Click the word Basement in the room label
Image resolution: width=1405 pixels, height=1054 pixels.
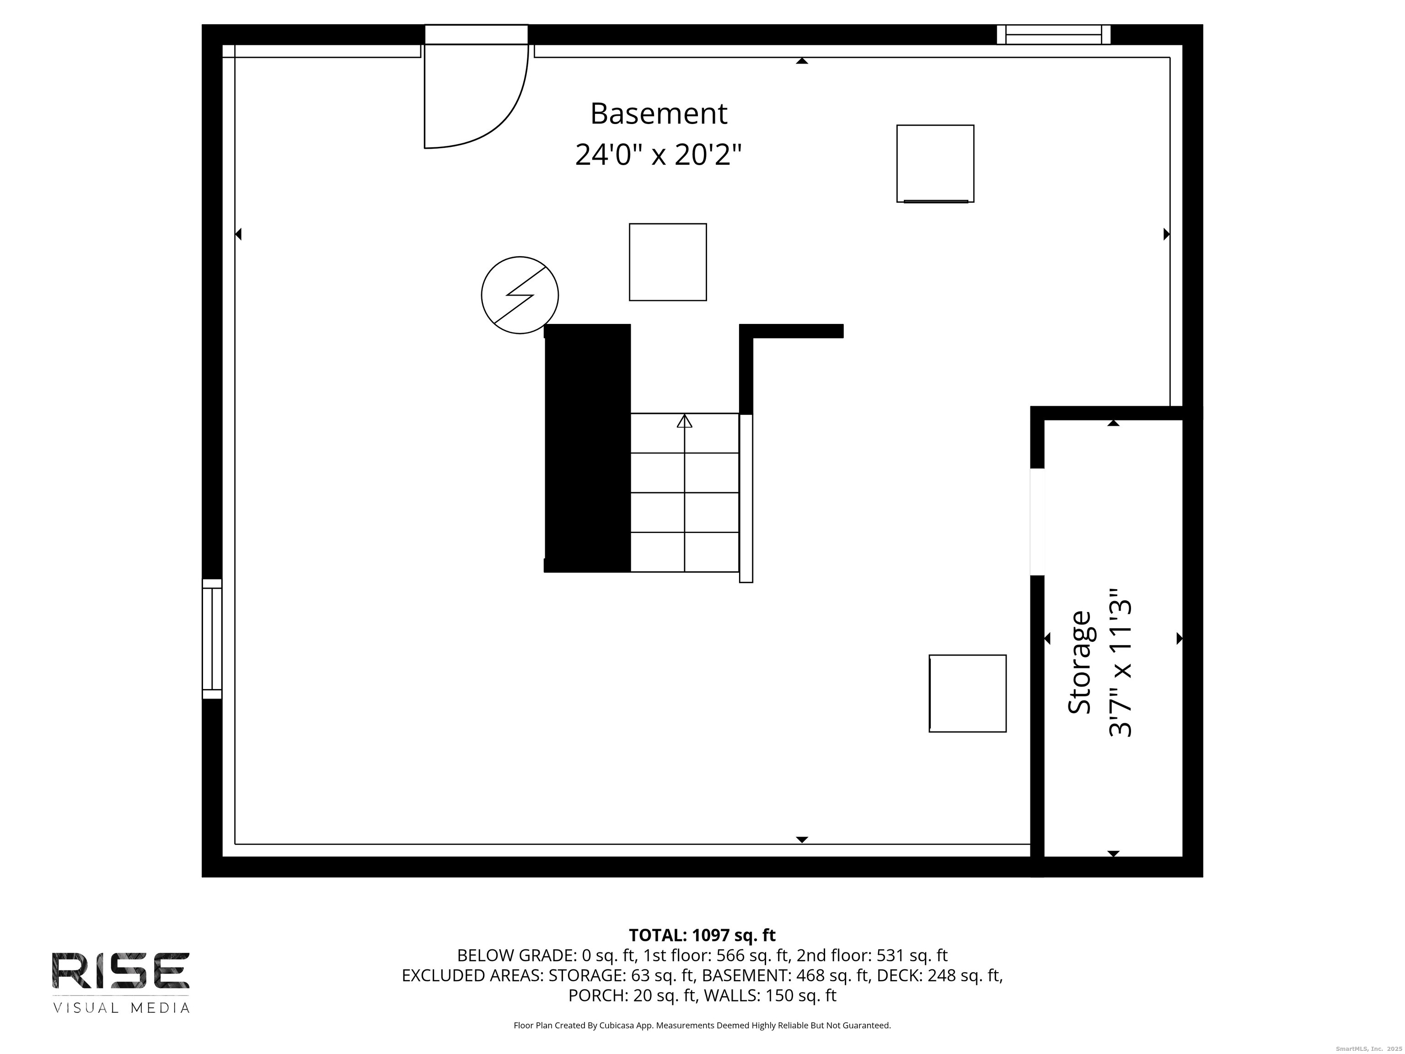(659, 114)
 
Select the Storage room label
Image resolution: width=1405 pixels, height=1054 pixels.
(1079, 663)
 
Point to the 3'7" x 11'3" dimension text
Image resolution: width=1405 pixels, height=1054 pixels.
(1121, 668)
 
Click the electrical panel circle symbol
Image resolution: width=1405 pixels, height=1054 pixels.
(520, 295)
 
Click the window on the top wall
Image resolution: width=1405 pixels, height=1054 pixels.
(1053, 34)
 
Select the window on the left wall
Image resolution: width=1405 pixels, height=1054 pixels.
(212, 639)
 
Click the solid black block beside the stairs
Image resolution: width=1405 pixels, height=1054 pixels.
(588, 448)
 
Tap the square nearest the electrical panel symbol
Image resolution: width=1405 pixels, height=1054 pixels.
(668, 262)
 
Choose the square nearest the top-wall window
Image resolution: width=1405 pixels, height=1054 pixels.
(935, 164)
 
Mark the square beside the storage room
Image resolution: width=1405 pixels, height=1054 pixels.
(967, 693)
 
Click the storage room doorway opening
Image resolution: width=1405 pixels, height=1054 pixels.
(1037, 522)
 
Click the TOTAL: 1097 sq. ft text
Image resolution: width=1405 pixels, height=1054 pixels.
(702, 935)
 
